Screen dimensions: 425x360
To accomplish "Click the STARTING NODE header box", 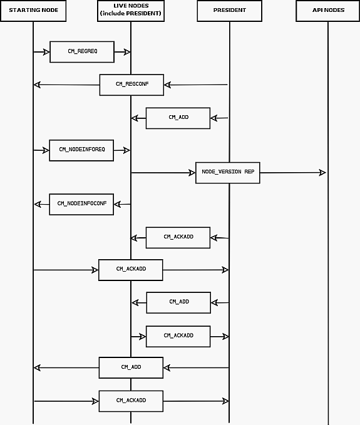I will [x=33, y=11].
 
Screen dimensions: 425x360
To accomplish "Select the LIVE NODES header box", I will [x=131, y=11].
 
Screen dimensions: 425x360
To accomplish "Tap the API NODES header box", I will [x=328, y=11].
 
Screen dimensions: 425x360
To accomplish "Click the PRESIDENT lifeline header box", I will [x=229, y=11].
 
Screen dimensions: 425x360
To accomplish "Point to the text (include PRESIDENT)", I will [x=131, y=14].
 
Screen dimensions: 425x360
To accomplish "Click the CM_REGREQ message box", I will [x=82, y=52].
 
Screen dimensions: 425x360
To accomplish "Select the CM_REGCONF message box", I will [x=131, y=84].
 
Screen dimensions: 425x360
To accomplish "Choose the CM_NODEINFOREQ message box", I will [x=82, y=150].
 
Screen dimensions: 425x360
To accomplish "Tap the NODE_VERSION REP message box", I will [x=227, y=172].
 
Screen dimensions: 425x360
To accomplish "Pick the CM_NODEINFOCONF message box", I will [x=82, y=204].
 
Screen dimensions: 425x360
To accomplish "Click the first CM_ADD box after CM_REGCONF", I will [x=178, y=118].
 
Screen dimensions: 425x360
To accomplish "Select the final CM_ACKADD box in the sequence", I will [x=131, y=401].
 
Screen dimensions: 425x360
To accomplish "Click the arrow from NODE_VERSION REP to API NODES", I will [x=293, y=172].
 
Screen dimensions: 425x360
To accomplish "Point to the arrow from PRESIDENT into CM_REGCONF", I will [x=196, y=84].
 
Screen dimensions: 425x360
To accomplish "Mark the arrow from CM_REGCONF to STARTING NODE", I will [x=66, y=84].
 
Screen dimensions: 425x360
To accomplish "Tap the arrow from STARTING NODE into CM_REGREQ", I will [x=41, y=52].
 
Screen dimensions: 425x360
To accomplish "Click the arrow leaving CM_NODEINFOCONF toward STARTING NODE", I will [x=41, y=204].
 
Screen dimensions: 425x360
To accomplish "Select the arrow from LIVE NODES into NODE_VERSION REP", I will [x=163, y=172].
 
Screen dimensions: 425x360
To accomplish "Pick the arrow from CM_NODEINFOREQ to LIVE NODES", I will [x=122, y=150].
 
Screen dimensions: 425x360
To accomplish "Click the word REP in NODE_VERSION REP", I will [x=249, y=172].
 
